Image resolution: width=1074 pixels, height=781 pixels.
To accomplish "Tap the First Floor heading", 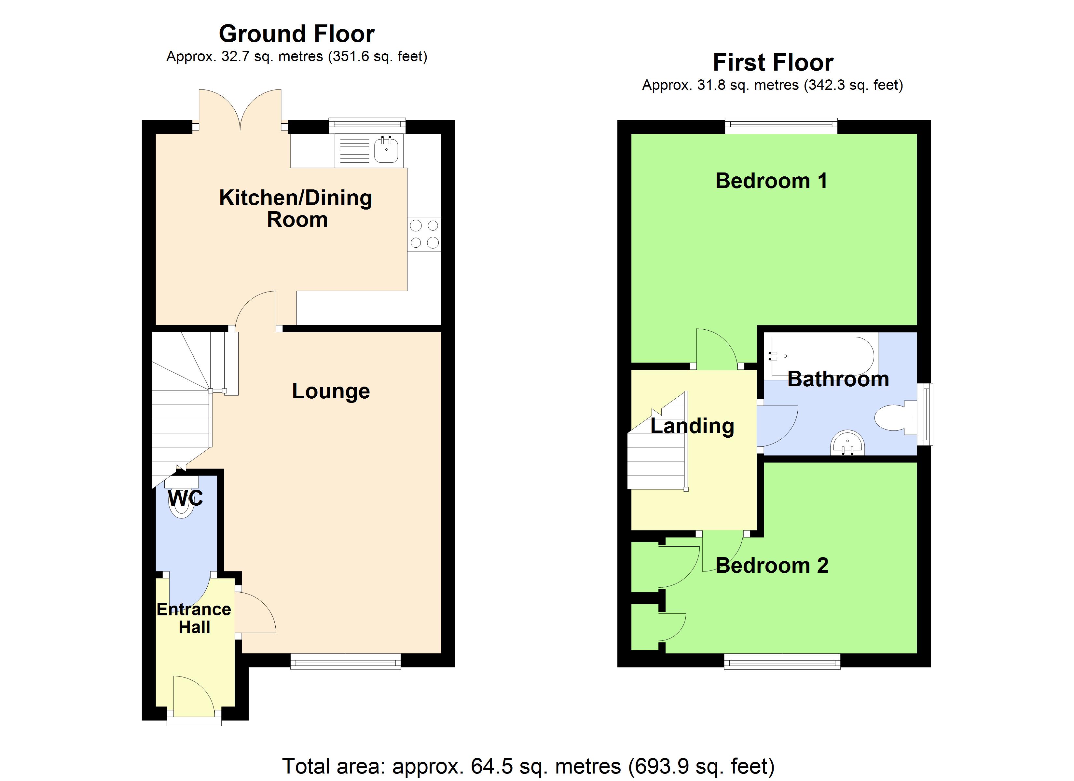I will click(773, 62).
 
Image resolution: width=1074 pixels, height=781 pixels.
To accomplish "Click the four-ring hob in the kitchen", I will click(424, 234).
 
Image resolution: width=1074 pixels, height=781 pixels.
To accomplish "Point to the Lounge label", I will click(331, 391).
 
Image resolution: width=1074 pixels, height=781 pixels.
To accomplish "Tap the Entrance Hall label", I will click(194, 618).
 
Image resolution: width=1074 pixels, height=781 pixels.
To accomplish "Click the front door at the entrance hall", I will click(194, 696).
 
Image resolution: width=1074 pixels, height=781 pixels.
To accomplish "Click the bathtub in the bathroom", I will click(821, 356).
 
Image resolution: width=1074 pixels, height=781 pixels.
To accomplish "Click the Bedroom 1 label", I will click(771, 181).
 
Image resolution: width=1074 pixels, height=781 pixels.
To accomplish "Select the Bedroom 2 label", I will click(772, 566).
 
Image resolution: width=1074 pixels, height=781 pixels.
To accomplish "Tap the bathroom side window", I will click(925, 414).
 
